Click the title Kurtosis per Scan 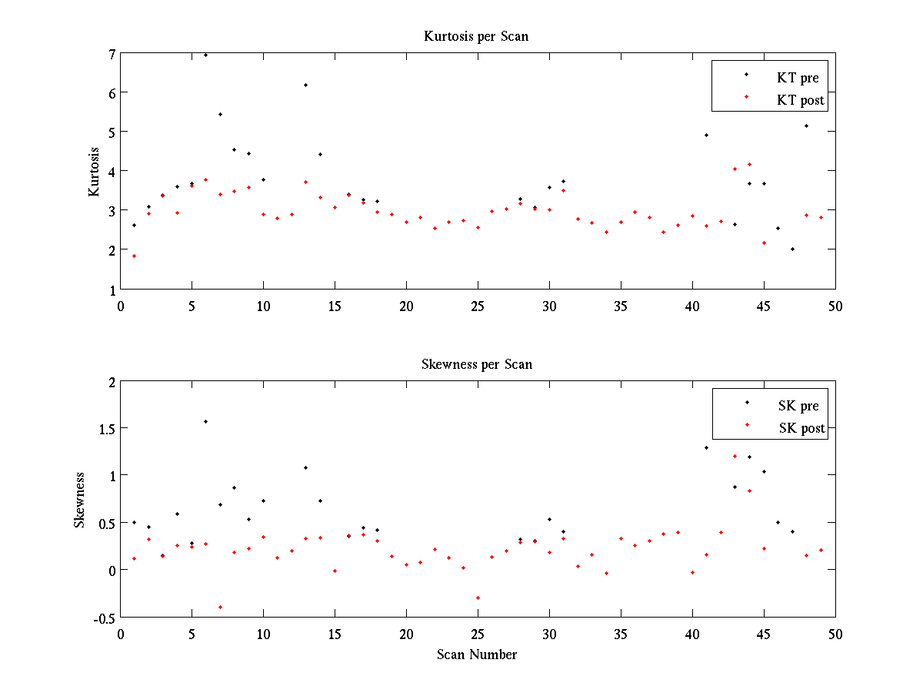[x=476, y=36]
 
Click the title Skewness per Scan [x=476, y=364]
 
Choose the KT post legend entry [x=800, y=100]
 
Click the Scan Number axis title [x=477, y=654]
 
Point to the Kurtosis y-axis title [x=94, y=172]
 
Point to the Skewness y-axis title [x=79, y=500]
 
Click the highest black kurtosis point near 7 [x=205, y=55]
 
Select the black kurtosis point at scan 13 [x=305, y=85]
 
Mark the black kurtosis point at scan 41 [x=706, y=135]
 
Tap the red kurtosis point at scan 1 [x=134, y=256]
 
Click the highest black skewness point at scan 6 [x=205, y=421]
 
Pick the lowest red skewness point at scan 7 [x=220, y=607]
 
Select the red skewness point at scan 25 [x=478, y=598]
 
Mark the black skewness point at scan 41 [x=706, y=447]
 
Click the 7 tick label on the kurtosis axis [x=112, y=54]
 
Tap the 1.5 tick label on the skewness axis [x=106, y=428]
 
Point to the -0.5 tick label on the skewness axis [x=105, y=618]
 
